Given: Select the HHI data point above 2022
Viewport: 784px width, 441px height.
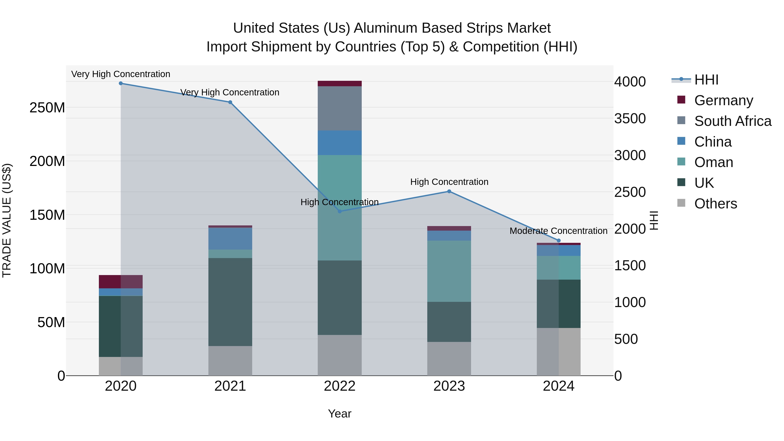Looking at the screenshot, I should point(340,211).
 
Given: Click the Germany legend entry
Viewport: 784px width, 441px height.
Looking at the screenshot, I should point(723,100).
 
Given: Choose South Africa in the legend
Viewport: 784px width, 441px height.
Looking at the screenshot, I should point(733,121).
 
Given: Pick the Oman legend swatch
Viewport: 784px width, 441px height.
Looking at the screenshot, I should point(681,162).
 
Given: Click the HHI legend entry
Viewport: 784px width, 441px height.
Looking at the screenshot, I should point(706,80).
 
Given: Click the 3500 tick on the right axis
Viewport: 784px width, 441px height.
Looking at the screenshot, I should point(630,118).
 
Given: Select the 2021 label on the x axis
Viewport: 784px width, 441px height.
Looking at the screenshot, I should point(230,386).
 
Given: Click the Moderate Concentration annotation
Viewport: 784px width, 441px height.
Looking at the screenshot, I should point(558,231).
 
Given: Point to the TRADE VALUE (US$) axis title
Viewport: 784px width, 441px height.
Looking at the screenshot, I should point(7,220).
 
